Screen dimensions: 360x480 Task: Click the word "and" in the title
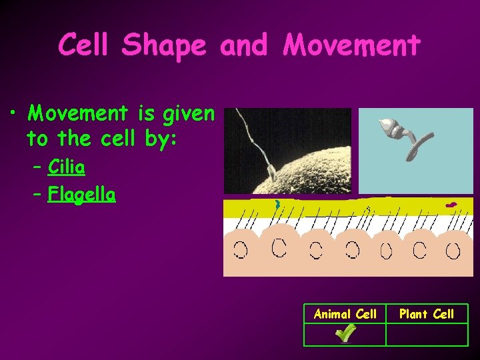tap(243, 45)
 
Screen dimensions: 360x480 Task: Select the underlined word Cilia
tap(66, 167)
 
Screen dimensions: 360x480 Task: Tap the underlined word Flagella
tap(81, 195)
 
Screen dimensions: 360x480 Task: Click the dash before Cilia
tap(36, 167)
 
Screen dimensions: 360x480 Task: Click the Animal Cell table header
tap(345, 314)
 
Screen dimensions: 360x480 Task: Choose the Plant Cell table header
tap(427, 314)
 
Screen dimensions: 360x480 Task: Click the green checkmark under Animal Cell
tap(345, 333)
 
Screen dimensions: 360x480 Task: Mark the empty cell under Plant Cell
tap(427, 335)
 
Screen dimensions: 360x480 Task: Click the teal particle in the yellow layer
tap(277, 204)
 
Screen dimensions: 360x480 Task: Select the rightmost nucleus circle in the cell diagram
tap(453, 251)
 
